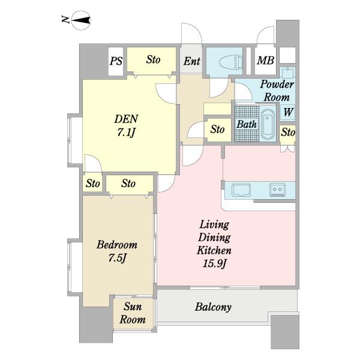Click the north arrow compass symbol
[x=81, y=20]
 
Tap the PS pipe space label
[x=116, y=61]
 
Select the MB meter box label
[x=265, y=60]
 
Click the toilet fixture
[x=231, y=62]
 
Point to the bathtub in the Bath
[x=268, y=124]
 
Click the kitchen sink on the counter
[x=241, y=190]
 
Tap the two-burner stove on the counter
[x=277, y=190]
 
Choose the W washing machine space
[x=288, y=112]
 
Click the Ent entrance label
[x=192, y=61]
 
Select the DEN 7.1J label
[x=126, y=125]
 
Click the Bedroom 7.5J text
[x=117, y=251]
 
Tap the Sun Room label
[x=133, y=313]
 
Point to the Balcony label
[x=213, y=307]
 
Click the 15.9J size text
[x=214, y=263]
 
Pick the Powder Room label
[x=277, y=91]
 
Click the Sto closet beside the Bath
[x=217, y=130]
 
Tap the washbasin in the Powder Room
[x=287, y=73]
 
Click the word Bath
[x=247, y=124]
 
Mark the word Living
[x=214, y=225]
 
